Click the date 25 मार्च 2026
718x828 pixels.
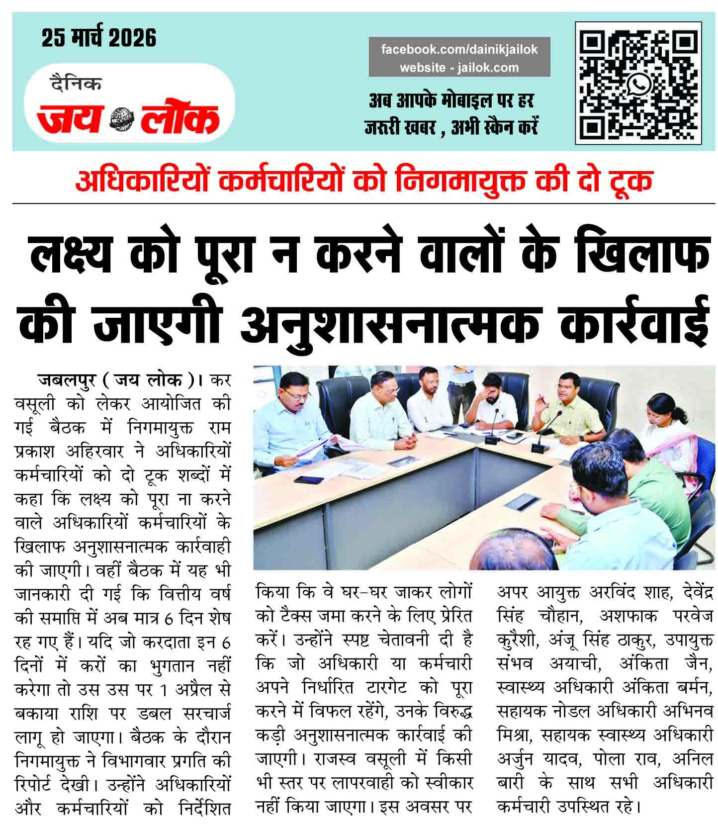coord(99,38)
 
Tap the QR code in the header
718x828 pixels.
coord(638,83)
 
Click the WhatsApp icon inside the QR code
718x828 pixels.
coord(638,83)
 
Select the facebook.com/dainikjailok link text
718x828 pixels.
coord(459,50)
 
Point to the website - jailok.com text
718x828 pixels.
coord(459,68)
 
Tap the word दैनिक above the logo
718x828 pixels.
coord(76,84)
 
